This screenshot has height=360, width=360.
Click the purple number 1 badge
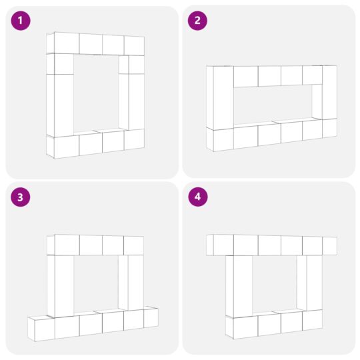pos(21,21)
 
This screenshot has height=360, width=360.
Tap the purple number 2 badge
pos(197,21)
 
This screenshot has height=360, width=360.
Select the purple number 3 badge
pos(21,197)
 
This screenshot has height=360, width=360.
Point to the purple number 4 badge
pos(198,197)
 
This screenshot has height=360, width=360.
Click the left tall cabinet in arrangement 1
pos(60,105)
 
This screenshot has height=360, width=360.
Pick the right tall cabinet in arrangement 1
pos(131,101)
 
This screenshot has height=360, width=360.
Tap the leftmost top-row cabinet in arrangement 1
pos(63,43)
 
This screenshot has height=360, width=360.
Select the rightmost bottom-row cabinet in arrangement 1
pos(134,139)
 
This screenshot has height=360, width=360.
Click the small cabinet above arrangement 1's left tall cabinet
pos(60,64)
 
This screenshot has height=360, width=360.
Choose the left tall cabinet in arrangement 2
pos(220,97)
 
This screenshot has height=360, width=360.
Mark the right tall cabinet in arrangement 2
pos(325,92)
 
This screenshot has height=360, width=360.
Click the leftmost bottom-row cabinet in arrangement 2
pos(220,139)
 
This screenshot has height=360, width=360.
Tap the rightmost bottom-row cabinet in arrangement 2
pos(329,128)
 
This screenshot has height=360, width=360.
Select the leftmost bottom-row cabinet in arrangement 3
pos(41,328)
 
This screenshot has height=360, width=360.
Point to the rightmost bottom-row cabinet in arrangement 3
pos(151,317)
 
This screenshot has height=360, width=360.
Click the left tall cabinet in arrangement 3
pos(61,286)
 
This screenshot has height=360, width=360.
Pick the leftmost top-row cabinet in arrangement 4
pos(220,245)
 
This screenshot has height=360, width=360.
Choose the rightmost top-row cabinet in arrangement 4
pos(329,246)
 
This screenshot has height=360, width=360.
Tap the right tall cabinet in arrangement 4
pos(309,283)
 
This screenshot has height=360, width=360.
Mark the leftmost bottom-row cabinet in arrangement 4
pos(242,327)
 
